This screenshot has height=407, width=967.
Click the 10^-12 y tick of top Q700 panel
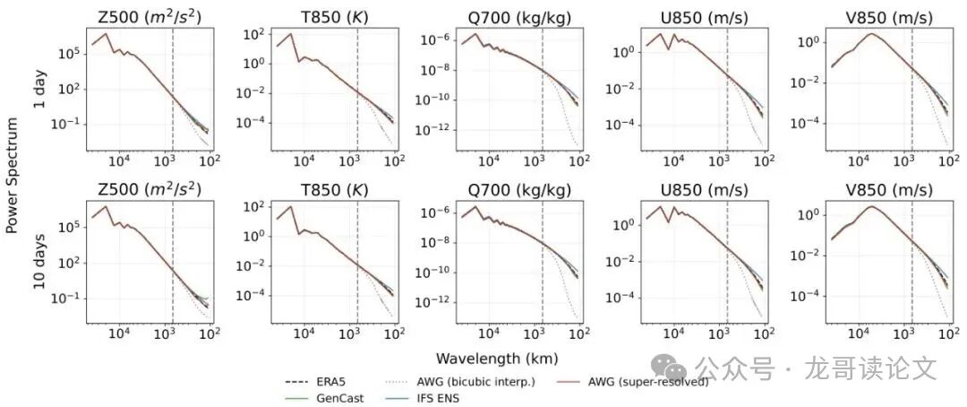point(434,129)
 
